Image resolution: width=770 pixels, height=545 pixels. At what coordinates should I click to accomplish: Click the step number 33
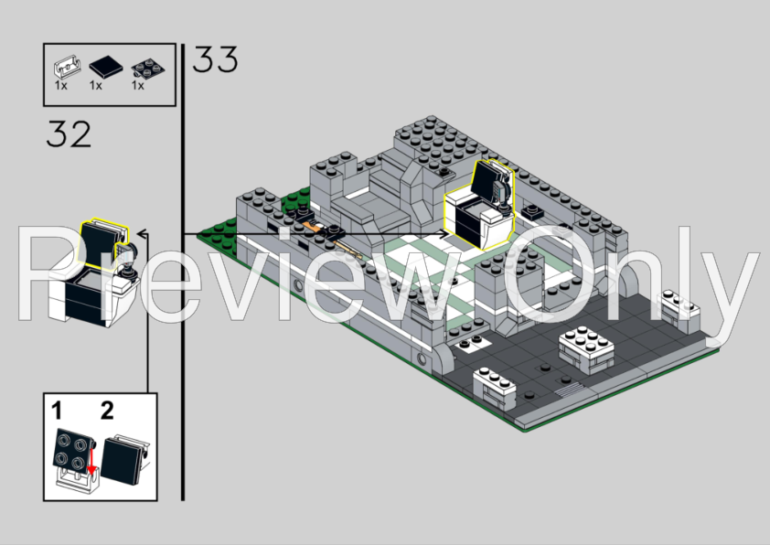pos(215,59)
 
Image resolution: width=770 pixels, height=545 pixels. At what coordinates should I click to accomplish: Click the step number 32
pos(69,134)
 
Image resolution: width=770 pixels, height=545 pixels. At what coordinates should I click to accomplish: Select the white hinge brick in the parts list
pos(67,67)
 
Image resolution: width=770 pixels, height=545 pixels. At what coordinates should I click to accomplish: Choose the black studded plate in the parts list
pos(148,69)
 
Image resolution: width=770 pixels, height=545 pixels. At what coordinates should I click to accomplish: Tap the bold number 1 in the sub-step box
pos(57,411)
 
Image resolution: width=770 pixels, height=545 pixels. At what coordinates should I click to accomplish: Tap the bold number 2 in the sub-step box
pos(107,411)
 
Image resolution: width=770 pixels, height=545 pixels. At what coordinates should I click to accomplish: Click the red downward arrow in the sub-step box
pos(91,462)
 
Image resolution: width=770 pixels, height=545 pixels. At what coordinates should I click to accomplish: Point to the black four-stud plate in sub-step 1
pos(72,449)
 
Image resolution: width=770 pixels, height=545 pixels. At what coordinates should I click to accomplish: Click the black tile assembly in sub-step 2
pos(124,459)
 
